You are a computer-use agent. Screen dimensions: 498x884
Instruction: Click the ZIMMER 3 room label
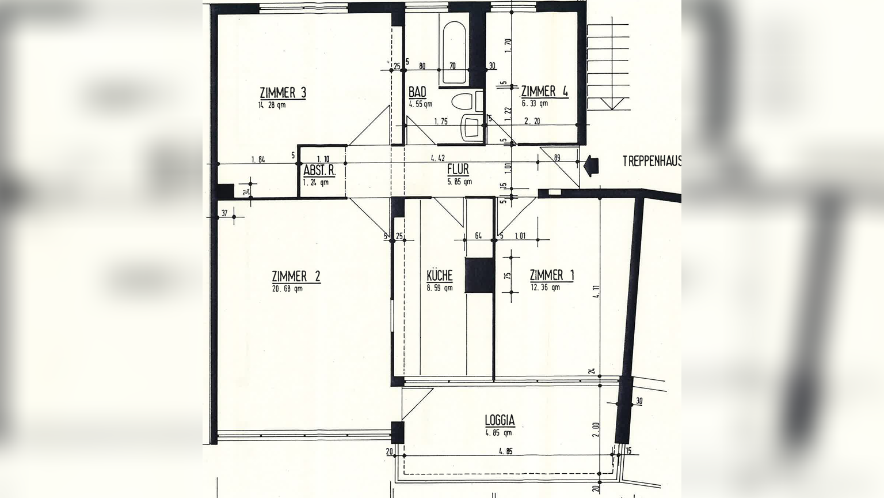pos(283,92)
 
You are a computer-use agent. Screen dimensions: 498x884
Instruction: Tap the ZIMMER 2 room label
pos(296,276)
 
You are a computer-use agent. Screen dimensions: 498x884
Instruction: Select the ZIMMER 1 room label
pos(551,275)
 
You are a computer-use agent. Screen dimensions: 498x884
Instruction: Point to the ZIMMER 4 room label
pos(544,91)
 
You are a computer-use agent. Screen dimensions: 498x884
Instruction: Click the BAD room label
pos(417,92)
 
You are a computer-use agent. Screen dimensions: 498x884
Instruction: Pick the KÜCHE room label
pos(439,275)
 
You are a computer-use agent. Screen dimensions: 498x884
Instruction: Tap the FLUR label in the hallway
pos(458,169)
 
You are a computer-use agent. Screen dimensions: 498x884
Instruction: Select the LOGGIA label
pos(499,420)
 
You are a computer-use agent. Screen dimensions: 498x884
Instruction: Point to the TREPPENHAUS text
pos(651,161)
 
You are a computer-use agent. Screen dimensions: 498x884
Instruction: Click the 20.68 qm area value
pos(287,289)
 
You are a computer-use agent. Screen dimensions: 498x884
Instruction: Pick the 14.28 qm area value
pos(272,105)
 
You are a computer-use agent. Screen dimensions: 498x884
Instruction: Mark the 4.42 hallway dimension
pos(438,158)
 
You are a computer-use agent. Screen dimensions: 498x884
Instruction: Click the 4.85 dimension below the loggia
pos(506,451)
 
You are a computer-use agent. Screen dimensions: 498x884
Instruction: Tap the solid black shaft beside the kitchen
pos(479,276)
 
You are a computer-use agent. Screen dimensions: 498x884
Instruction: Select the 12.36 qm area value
pos(544,288)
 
